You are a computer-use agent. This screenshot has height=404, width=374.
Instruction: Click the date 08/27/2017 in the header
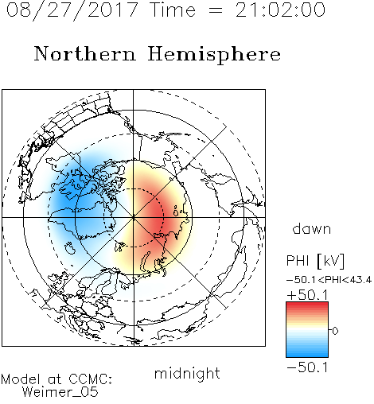point(72,10)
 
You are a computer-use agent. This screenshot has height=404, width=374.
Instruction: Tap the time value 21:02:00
point(280,10)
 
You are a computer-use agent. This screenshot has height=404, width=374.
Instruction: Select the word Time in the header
point(173,10)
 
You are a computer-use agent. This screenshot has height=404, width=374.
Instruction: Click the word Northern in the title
point(85,53)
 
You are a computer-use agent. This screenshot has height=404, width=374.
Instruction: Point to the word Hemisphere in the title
point(214,55)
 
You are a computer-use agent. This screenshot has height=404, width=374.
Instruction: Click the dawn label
point(312,228)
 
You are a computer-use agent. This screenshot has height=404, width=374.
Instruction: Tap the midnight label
point(187,373)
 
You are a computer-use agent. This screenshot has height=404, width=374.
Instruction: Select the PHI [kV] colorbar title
point(315,261)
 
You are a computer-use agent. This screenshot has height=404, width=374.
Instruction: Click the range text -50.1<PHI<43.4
point(329,280)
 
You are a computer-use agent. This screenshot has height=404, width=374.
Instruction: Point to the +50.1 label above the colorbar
point(307,295)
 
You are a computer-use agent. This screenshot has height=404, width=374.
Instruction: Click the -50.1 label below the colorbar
point(307,367)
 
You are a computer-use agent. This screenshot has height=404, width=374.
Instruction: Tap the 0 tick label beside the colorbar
point(335,331)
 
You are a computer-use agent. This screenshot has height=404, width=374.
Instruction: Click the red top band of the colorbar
point(307,305)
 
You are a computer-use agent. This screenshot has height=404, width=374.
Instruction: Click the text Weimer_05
point(60,392)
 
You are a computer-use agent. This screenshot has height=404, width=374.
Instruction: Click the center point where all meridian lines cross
point(134,218)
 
